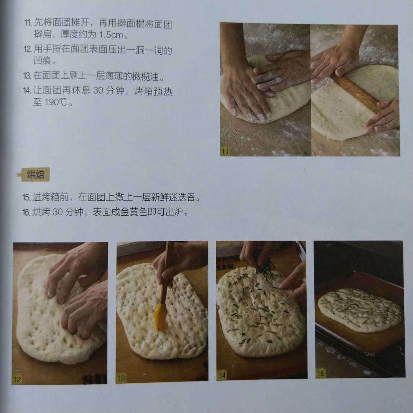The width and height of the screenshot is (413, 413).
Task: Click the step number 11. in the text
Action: click(x=28, y=23)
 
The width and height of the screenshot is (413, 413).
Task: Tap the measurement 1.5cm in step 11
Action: click(x=111, y=35)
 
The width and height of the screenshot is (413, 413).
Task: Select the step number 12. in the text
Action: click(x=28, y=49)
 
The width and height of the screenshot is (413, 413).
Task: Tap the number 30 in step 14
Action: click(x=98, y=90)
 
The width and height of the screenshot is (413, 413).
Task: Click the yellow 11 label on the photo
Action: click(x=225, y=151)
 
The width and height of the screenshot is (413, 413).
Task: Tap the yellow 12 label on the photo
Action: click(x=17, y=379)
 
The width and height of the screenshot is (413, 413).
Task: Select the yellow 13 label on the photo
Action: click(x=121, y=378)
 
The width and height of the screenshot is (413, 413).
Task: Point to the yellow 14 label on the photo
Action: click(x=222, y=375)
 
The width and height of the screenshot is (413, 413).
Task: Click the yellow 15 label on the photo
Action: click(x=321, y=373)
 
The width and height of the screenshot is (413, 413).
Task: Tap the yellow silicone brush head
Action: click(x=161, y=317)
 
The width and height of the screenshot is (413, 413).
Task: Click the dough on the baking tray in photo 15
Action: click(x=359, y=310)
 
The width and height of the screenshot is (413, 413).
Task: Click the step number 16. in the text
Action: click(x=27, y=212)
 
